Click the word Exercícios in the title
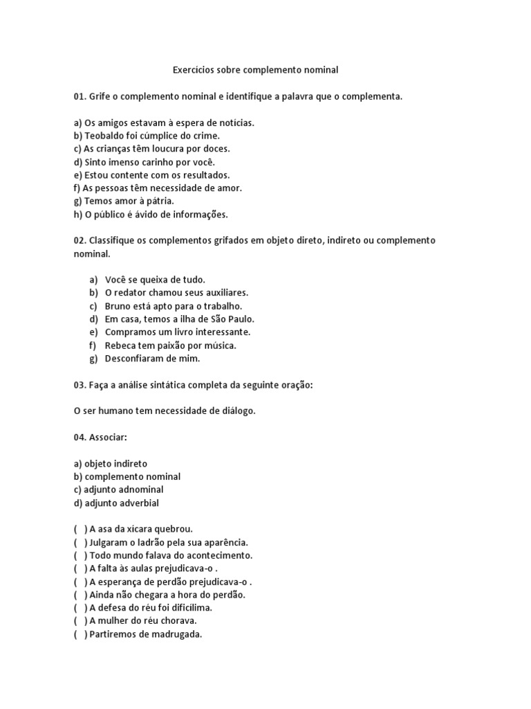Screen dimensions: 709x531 coord(192,70)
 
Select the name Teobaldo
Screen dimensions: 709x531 coord(104,136)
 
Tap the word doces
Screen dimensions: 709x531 coord(216,148)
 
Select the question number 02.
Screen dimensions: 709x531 coord(80,240)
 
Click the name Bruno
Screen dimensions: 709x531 coord(118,306)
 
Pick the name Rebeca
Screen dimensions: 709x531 coord(120,345)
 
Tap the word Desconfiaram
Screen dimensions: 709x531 coord(138,358)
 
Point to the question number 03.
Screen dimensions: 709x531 coord(80,384)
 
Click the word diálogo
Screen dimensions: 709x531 coord(236,411)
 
